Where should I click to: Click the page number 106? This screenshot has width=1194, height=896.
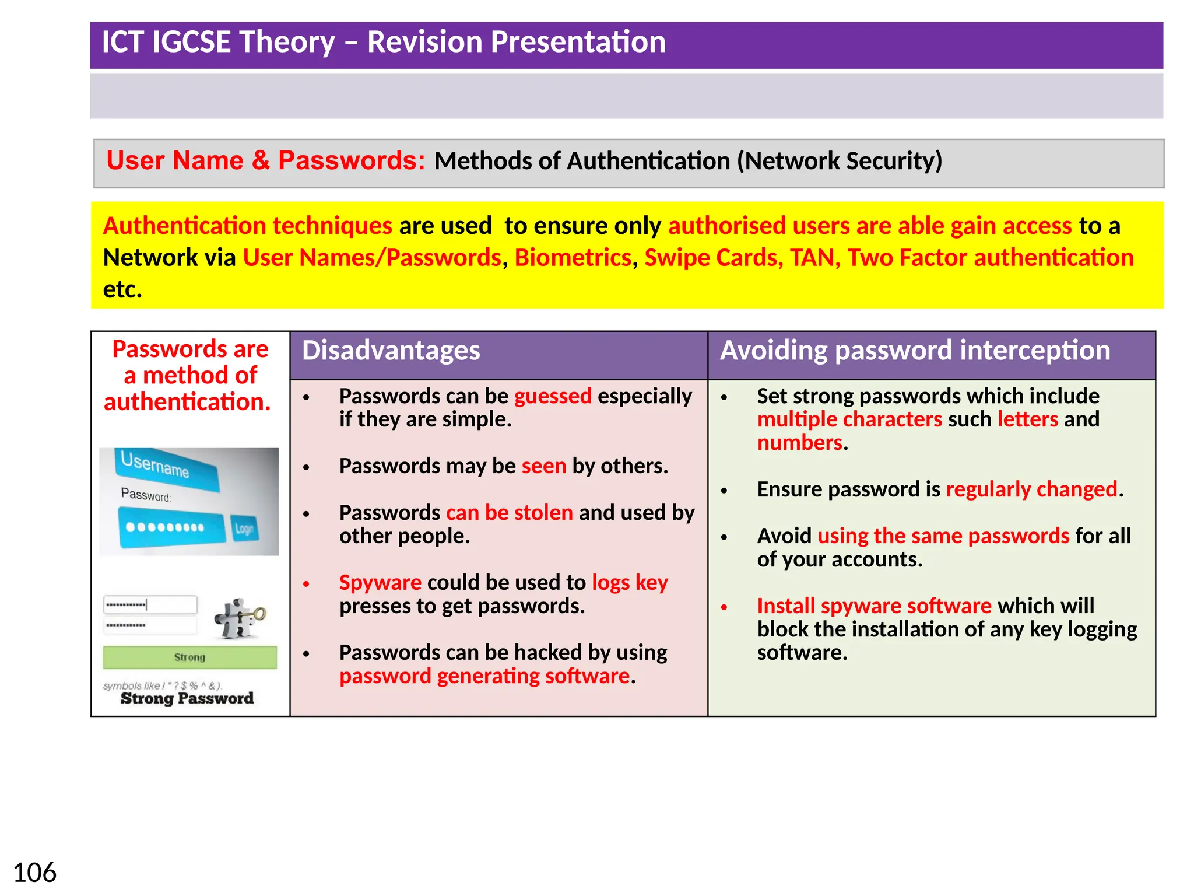click(34, 873)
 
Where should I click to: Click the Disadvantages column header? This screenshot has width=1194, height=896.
click(391, 351)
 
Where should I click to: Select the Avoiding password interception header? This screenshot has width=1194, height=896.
click(915, 351)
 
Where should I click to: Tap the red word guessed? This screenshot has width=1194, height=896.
click(552, 396)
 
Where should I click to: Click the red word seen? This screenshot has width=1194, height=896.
click(543, 466)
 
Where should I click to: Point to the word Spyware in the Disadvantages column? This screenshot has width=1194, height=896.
click(380, 583)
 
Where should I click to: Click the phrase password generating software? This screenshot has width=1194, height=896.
click(484, 676)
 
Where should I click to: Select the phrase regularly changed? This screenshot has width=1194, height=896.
click(1031, 489)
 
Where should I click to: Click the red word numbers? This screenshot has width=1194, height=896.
click(799, 443)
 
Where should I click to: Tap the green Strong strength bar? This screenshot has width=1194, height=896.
click(189, 657)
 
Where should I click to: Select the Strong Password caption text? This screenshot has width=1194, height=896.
click(187, 698)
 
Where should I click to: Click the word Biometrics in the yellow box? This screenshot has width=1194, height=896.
click(573, 258)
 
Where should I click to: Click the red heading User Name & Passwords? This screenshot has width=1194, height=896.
click(265, 160)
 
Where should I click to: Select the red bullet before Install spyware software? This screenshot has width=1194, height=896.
click(724, 607)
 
